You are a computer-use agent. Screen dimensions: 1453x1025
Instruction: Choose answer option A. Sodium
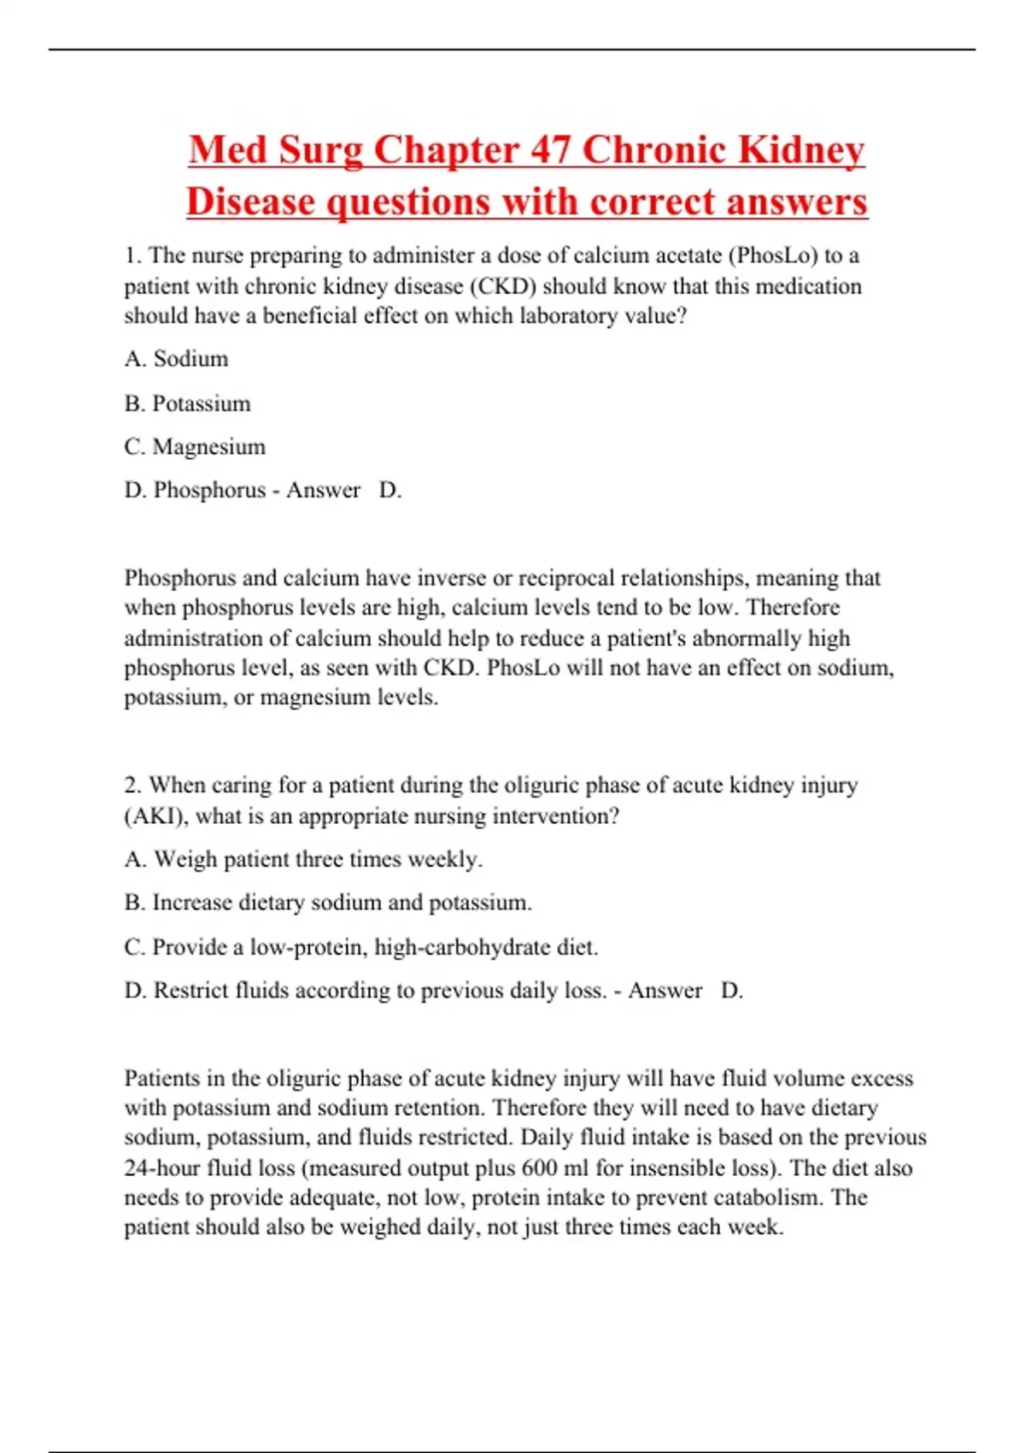(176, 359)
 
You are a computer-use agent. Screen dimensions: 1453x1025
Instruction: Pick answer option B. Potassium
(187, 403)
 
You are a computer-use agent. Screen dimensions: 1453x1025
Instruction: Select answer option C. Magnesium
(195, 447)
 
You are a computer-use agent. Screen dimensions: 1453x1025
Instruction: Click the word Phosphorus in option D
(209, 490)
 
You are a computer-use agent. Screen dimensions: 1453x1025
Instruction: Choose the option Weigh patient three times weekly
(303, 859)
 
